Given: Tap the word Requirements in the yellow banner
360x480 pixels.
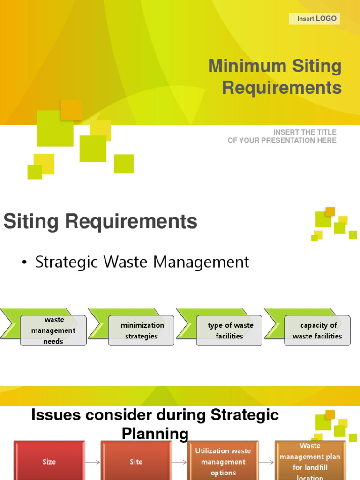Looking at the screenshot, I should (282, 88).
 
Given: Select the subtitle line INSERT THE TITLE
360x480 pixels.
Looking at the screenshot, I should (305, 132).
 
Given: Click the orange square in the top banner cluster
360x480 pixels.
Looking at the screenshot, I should (71, 110).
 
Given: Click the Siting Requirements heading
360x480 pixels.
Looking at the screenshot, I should (100, 222).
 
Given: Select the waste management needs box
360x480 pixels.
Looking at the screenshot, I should (53, 330).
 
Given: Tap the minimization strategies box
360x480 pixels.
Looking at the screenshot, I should (142, 330).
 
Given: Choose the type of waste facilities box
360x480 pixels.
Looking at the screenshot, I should (230, 330).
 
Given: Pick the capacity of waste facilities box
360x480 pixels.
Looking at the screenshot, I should (317, 330).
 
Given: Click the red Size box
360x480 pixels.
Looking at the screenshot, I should (49, 462).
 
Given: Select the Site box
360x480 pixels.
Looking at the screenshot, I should (136, 462).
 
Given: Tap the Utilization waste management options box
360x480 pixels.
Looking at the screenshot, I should (223, 462).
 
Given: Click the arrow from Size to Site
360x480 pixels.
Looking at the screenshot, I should (93, 462).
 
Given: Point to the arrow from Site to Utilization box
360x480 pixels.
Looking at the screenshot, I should (180, 462).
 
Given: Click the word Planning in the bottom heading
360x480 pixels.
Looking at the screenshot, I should (155, 434).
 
